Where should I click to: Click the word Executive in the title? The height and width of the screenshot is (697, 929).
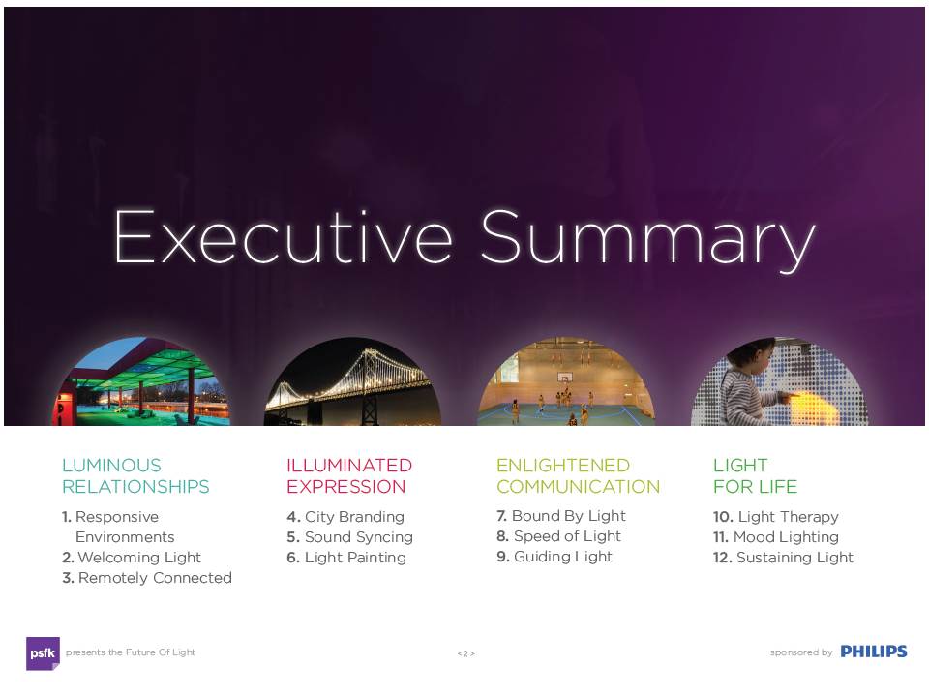[x=284, y=237]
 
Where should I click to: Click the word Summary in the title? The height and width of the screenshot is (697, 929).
[x=648, y=241]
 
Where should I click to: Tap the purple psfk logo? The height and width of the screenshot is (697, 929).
[x=43, y=653]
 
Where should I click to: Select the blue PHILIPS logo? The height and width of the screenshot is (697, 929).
[x=874, y=652]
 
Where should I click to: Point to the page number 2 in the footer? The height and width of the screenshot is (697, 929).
[x=465, y=653]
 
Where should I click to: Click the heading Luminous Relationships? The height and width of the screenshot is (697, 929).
[x=135, y=476]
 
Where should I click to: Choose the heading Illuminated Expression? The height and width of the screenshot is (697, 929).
[x=349, y=476]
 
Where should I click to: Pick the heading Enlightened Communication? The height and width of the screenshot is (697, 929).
[x=579, y=476]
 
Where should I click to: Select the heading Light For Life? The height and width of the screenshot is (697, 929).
[x=756, y=476]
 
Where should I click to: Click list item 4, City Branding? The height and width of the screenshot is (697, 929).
[x=345, y=517]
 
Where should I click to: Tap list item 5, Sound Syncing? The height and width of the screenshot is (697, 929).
[x=349, y=537]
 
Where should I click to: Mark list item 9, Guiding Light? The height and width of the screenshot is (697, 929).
[x=554, y=557]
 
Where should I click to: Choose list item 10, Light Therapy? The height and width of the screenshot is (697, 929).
[x=776, y=517]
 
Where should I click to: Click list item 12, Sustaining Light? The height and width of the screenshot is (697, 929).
[x=783, y=558]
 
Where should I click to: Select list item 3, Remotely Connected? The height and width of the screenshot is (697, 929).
[x=147, y=578]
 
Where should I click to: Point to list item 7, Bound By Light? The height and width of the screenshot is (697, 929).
[x=561, y=516]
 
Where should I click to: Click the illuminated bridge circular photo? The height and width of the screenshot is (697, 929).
[x=353, y=381]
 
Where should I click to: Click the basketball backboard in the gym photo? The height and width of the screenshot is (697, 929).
[x=564, y=377]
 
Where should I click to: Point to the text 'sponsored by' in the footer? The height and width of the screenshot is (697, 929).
[x=801, y=652]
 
